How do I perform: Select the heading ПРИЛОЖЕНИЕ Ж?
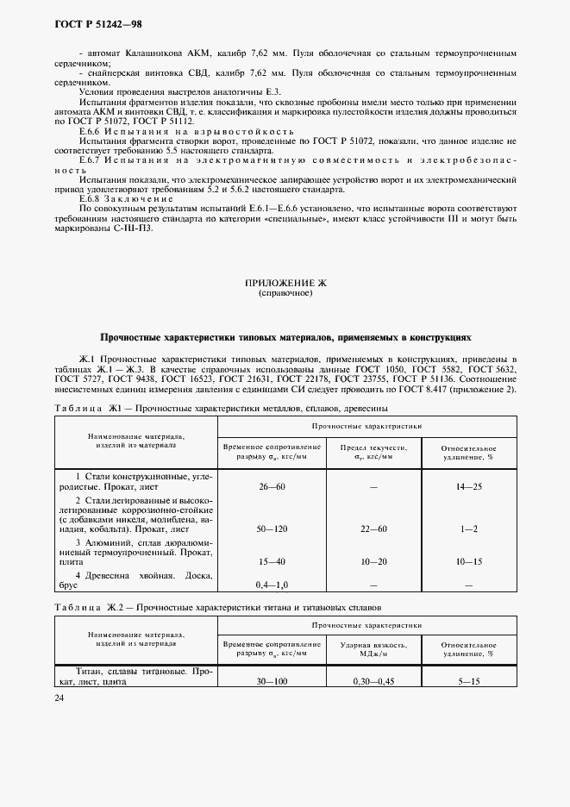(285, 283)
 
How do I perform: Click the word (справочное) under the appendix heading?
(285, 293)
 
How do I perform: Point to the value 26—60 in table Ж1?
(272, 487)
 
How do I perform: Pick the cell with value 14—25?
(469, 487)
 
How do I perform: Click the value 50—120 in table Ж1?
(272, 529)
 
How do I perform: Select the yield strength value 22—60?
(373, 529)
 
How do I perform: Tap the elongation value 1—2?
(469, 529)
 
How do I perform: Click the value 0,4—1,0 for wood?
(272, 585)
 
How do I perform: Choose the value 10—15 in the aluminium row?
(469, 562)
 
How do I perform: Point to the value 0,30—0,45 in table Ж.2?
(373, 681)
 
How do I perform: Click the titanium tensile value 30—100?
(272, 681)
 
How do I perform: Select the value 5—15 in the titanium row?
(469, 681)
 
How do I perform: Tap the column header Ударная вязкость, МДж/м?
(373, 648)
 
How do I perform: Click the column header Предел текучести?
(373, 447)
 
